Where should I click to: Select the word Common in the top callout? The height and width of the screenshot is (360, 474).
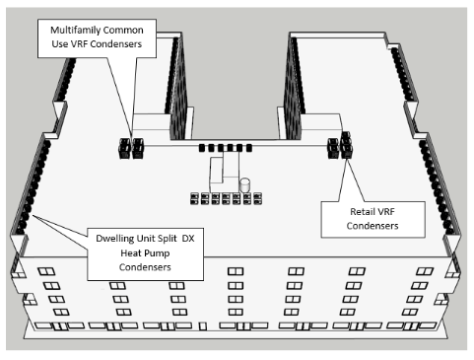point(122,30)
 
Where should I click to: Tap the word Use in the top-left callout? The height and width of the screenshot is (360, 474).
point(59,44)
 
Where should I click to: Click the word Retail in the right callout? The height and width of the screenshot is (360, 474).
point(362,212)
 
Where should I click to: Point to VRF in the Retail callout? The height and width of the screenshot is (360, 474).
point(385,212)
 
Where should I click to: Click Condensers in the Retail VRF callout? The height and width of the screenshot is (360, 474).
point(372,226)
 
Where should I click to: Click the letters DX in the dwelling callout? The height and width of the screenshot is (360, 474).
point(188,239)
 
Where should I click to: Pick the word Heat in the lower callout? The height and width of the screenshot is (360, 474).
point(130,253)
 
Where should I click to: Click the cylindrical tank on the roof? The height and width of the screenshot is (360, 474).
point(244,185)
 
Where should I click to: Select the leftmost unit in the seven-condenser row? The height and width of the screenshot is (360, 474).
point(194,199)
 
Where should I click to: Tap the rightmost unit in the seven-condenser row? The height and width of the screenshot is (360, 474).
point(258,198)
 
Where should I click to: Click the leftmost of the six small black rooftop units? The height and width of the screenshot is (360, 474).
point(202,148)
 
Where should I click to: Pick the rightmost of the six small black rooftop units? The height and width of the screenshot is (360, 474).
point(249,148)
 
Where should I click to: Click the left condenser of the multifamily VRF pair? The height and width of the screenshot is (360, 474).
point(124,149)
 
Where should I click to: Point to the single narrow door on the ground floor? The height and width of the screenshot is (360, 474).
point(203,326)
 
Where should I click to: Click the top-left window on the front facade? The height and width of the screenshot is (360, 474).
point(46,272)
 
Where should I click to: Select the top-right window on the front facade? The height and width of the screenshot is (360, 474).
point(425,271)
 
